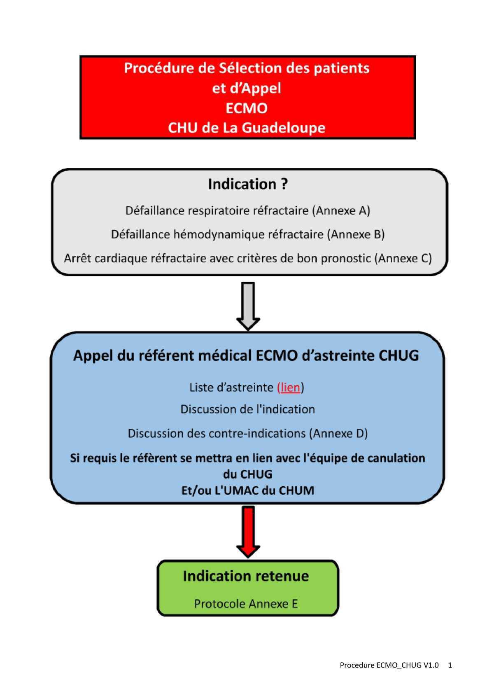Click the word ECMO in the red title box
point(247,108)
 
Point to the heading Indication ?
point(247,184)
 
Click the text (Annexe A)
point(341,211)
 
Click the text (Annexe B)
point(356,235)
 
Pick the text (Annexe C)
point(403,259)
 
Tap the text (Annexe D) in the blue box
point(338,434)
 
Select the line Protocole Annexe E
point(246,604)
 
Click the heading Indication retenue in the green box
point(246,576)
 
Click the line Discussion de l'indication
point(247,409)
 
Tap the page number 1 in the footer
point(450,665)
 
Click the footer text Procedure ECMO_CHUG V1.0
point(389,665)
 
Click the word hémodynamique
point(219,235)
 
